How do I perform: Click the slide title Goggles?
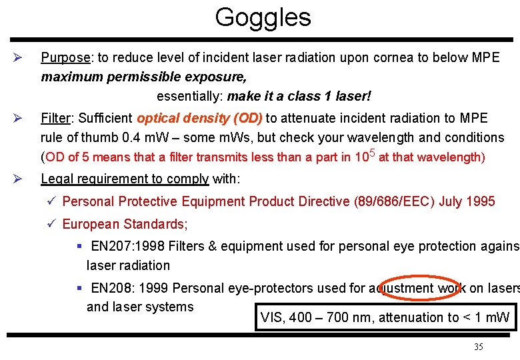(x=263, y=18)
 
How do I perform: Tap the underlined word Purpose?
(x=65, y=57)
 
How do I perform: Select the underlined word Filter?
(x=56, y=119)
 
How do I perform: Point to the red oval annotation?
(x=417, y=288)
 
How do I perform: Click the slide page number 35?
(x=478, y=347)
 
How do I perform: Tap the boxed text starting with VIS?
(x=385, y=317)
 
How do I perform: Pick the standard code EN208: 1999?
(x=130, y=288)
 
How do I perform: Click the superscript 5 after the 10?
(x=372, y=153)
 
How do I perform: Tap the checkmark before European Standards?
(x=52, y=223)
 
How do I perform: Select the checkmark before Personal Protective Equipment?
(x=52, y=201)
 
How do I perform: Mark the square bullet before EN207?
(x=79, y=246)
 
